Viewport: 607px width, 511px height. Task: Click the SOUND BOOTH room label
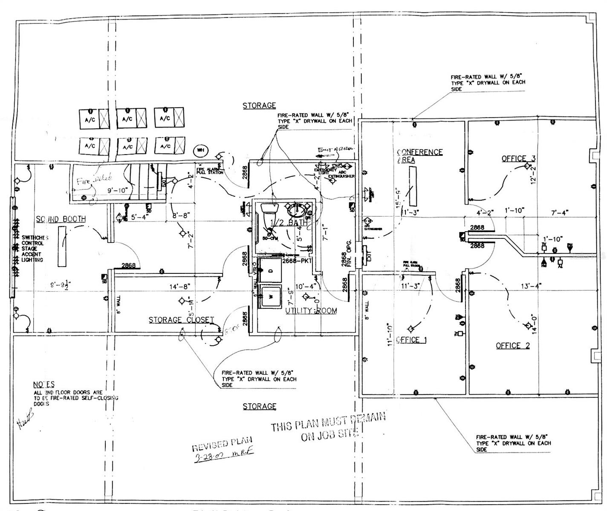(61, 219)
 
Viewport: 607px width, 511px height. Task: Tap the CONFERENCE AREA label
(419, 156)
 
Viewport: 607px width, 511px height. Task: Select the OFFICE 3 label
(518, 158)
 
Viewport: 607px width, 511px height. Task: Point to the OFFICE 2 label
(513, 345)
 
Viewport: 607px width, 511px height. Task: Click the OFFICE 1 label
(411, 339)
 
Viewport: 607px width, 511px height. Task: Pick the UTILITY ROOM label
(311, 310)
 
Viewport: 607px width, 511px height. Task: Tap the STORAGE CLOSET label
(181, 320)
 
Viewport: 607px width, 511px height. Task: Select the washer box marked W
(270, 296)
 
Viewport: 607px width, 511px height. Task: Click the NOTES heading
(44, 384)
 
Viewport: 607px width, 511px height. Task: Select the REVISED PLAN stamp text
(222, 444)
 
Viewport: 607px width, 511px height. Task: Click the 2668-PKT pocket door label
(297, 260)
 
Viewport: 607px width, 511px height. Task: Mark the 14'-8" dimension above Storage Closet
(179, 287)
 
